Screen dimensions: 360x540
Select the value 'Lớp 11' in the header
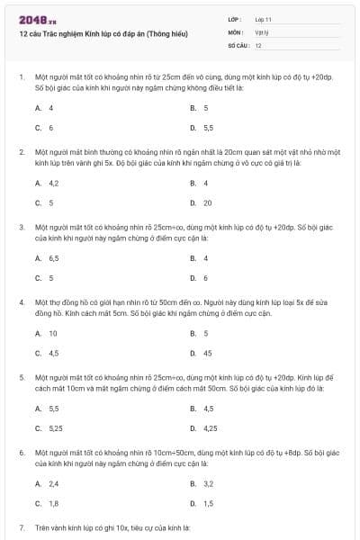[263, 18]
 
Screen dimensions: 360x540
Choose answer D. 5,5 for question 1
[202, 128]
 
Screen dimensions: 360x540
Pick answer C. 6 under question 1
[45, 128]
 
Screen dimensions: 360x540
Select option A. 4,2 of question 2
[47, 183]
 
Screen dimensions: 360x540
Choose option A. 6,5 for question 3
[47, 257]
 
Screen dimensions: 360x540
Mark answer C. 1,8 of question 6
[47, 503]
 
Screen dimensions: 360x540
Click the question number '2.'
[22, 152]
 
